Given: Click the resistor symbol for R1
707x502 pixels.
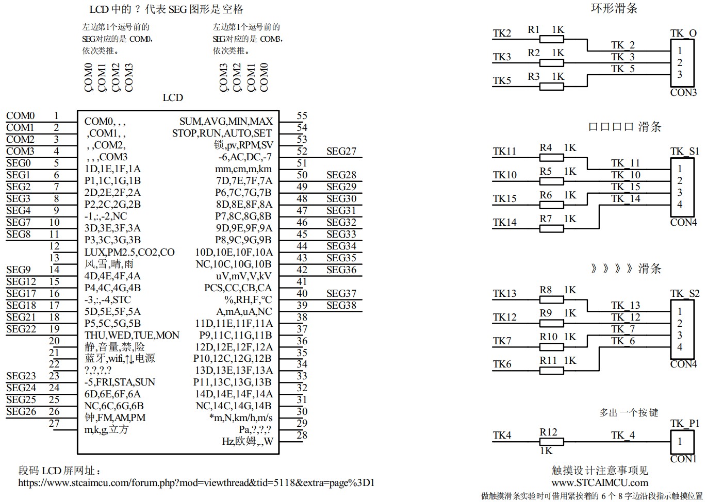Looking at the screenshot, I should (551, 39).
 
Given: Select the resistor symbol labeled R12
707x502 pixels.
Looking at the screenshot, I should (551, 442).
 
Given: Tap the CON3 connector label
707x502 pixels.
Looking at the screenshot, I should (683, 93).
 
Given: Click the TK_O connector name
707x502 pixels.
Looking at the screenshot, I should (683, 34).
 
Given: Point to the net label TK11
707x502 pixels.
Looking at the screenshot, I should (504, 151).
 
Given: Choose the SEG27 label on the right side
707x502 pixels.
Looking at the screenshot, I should (341, 152).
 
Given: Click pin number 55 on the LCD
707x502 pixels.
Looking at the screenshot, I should (302, 116).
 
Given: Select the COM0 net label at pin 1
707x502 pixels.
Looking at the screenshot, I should (21, 116).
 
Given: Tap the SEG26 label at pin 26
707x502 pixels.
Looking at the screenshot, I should (21, 412).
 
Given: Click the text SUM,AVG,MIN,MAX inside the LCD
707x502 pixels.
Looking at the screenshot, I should (226, 122).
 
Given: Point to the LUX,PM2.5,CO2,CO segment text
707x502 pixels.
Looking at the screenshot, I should (129, 253).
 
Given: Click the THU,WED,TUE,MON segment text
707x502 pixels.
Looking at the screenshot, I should (132, 336).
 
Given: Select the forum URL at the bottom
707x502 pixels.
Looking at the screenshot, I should (196, 483).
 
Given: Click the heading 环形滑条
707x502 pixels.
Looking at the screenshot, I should (614, 8).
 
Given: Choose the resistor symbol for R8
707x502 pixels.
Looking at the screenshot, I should (551, 299).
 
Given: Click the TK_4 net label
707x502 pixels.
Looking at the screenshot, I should (623, 436).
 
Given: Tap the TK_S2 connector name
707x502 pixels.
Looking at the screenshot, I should (685, 294).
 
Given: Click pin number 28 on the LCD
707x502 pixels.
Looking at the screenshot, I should (302, 436).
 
